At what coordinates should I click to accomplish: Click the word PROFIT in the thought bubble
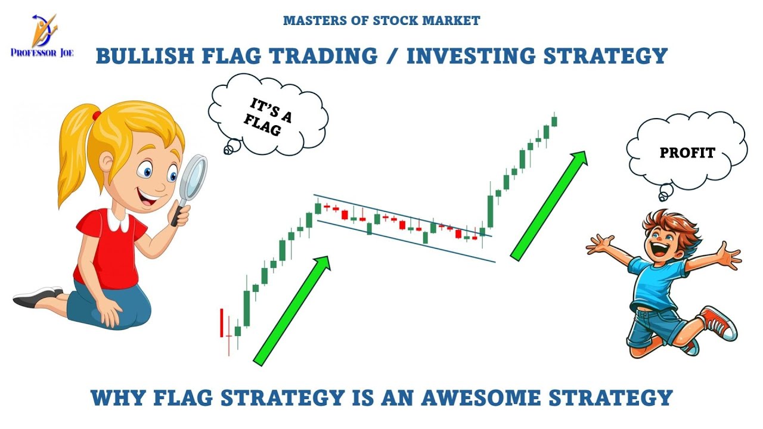click(x=687, y=153)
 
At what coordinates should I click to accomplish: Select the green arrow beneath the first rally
click(x=292, y=310)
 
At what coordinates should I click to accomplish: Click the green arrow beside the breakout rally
click(x=548, y=206)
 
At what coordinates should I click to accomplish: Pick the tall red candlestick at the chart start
click(x=222, y=322)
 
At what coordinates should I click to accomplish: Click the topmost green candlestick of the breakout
click(x=554, y=121)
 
